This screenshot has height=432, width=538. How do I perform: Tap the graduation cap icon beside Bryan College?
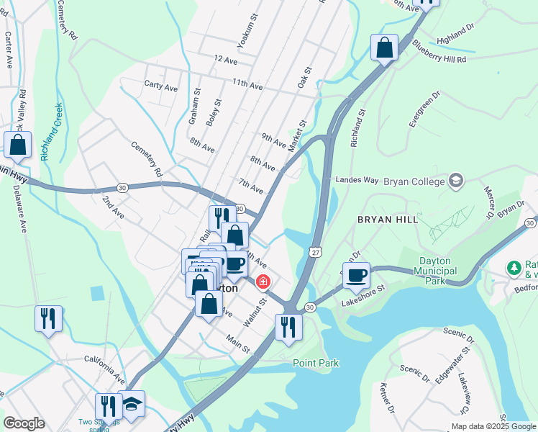pyautogui.click(x=455, y=179)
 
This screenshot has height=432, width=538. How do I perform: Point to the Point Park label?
pyautogui.click(x=315, y=363)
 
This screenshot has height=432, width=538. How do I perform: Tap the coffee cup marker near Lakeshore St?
pyautogui.click(x=356, y=274)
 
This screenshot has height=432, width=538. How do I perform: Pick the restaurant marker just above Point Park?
pyautogui.click(x=288, y=326)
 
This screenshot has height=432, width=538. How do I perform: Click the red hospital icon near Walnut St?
pyautogui.click(x=263, y=281)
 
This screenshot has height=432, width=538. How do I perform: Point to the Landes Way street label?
pyautogui.click(x=357, y=179)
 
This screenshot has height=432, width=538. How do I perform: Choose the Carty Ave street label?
pyautogui.click(x=161, y=88)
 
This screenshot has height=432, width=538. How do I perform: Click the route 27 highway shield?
pyautogui.click(x=315, y=251)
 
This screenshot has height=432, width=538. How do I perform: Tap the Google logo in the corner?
pyautogui.click(x=24, y=423)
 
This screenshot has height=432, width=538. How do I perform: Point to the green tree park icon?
pyautogui.click(x=514, y=268)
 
